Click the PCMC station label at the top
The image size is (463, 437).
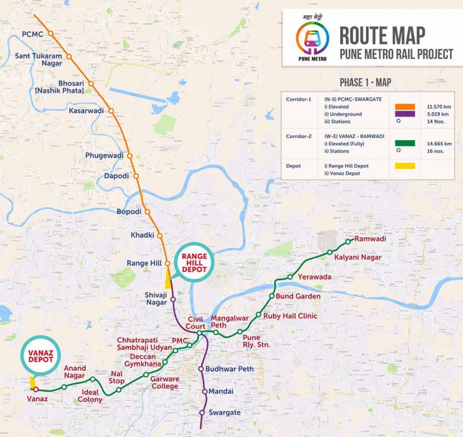tap(32, 34)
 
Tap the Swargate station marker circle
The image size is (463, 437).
tap(202, 412)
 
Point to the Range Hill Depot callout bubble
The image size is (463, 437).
tap(191, 265)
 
